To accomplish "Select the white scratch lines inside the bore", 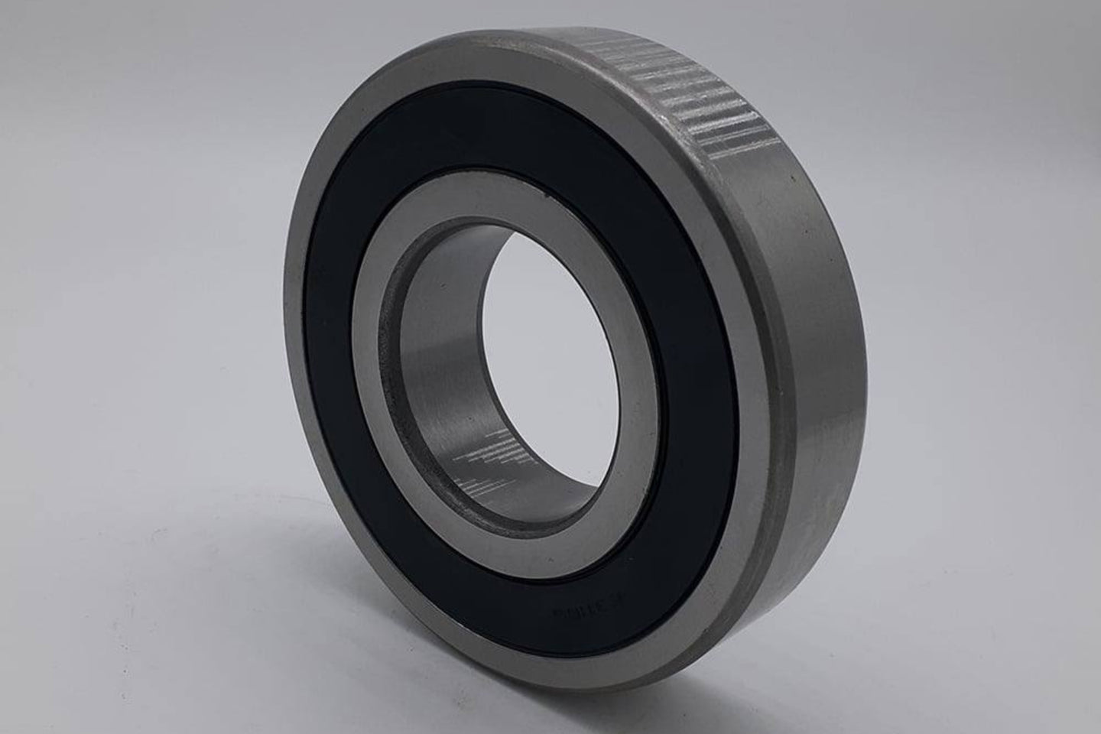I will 497,459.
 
